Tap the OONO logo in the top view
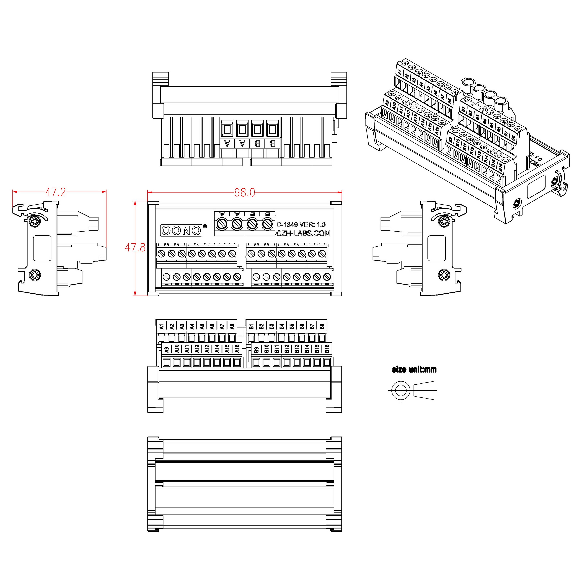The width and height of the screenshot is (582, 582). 181,230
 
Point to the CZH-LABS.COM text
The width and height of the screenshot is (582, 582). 303,233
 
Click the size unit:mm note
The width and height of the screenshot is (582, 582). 414,370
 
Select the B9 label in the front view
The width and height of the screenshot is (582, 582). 256,349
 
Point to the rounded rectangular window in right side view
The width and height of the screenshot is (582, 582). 436,248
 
